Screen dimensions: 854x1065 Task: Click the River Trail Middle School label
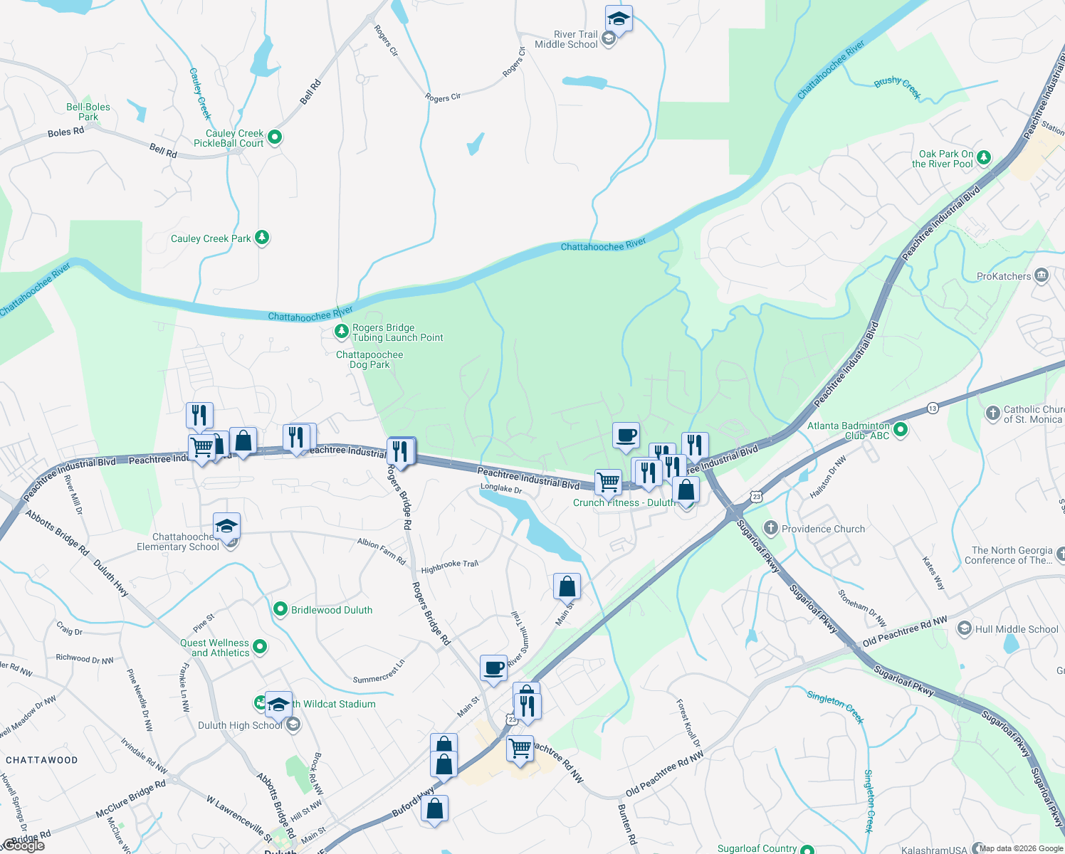click(566, 39)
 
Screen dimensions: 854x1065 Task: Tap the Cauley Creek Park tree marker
click(262, 238)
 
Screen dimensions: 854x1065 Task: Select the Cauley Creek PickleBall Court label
click(229, 138)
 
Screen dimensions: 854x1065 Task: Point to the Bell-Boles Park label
click(88, 112)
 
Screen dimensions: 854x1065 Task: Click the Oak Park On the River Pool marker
click(984, 157)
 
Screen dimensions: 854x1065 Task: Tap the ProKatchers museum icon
click(1042, 275)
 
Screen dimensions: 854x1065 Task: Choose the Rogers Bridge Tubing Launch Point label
click(397, 332)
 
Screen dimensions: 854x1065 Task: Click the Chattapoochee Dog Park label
click(369, 359)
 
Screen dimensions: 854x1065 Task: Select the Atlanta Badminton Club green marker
click(901, 429)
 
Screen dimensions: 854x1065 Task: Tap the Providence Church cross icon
click(770, 528)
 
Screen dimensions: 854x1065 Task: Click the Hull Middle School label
click(1017, 629)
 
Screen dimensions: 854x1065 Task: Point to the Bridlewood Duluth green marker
click(280, 609)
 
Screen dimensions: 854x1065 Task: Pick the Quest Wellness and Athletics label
click(215, 648)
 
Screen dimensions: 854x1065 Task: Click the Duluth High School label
click(240, 725)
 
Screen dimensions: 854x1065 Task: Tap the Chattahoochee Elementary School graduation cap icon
click(226, 527)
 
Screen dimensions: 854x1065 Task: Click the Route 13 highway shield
click(933, 408)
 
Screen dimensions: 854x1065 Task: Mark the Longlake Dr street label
click(501, 488)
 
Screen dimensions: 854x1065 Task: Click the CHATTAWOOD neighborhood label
click(42, 760)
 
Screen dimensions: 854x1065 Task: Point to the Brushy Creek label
click(897, 87)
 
